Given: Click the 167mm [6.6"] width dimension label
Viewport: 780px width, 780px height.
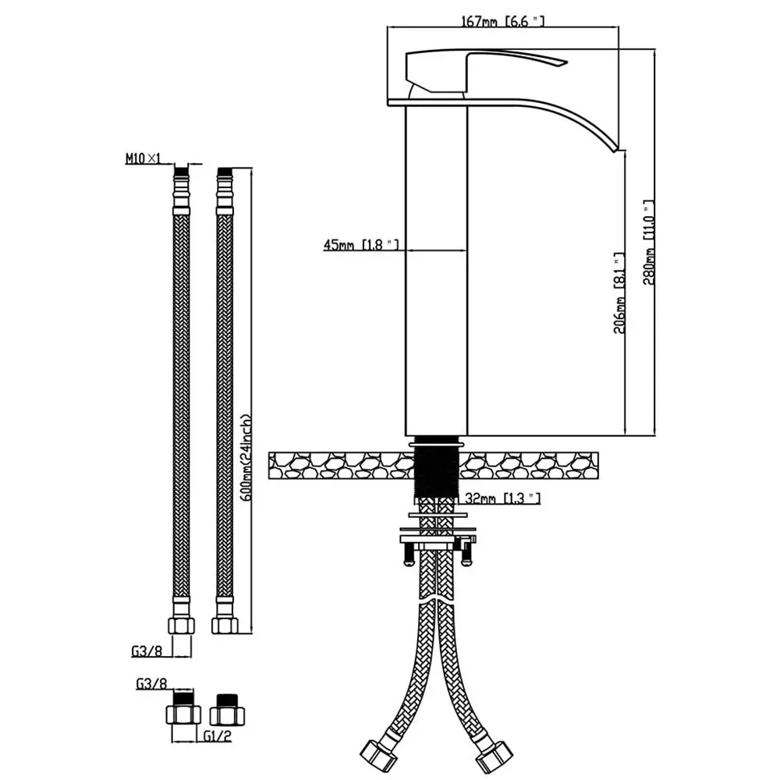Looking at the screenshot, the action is click(502, 21).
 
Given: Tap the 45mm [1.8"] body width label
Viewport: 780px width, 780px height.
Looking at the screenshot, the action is click(360, 245).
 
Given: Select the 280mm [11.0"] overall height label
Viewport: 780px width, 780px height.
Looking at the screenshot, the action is click(648, 243).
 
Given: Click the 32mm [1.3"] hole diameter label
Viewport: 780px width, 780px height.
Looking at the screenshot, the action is click(502, 498).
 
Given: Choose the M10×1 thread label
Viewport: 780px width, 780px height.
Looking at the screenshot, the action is click(144, 158).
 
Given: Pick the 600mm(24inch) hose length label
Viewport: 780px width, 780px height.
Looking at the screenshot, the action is click(246, 458).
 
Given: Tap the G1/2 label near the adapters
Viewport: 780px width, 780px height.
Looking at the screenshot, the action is click(218, 736).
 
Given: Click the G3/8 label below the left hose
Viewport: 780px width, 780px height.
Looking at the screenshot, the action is click(147, 651).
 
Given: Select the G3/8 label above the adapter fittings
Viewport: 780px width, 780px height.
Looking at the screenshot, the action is click(152, 684).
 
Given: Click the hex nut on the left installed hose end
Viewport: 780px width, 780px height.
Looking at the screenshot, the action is click(378, 755).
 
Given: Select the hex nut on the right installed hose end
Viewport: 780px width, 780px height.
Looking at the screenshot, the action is click(494, 756).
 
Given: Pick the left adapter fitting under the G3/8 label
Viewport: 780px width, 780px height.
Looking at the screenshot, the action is click(183, 708).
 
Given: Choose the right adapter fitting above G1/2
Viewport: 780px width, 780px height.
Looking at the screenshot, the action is click(227, 709).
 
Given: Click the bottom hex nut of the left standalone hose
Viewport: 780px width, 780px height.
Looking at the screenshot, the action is click(181, 625).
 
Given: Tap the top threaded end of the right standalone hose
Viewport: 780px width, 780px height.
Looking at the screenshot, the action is click(225, 173).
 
